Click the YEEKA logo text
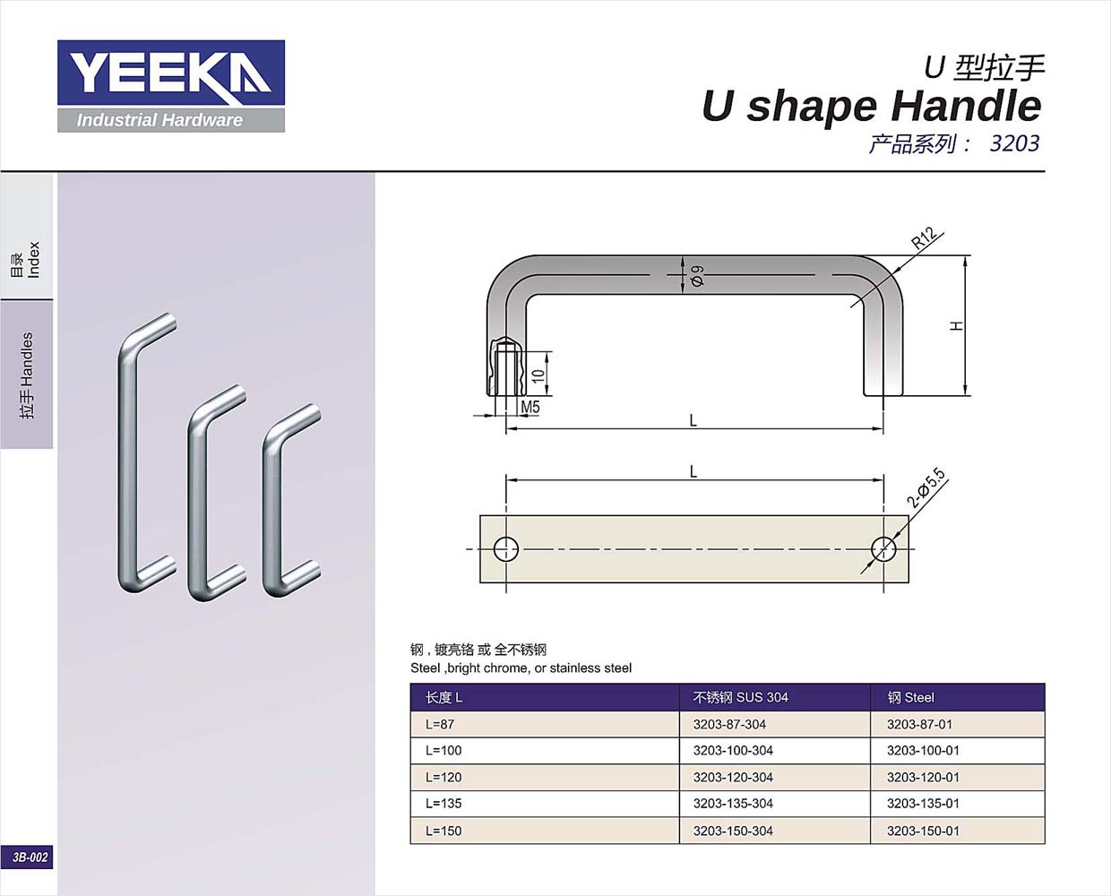coord(170,73)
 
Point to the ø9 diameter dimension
coord(697,276)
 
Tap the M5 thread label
coord(530,408)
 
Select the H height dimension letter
coord(957,326)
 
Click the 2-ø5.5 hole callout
coord(926,487)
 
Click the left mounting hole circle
coord(506,548)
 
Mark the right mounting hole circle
coord(883,548)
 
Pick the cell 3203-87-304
coord(729,724)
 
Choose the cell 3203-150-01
coord(923,831)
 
